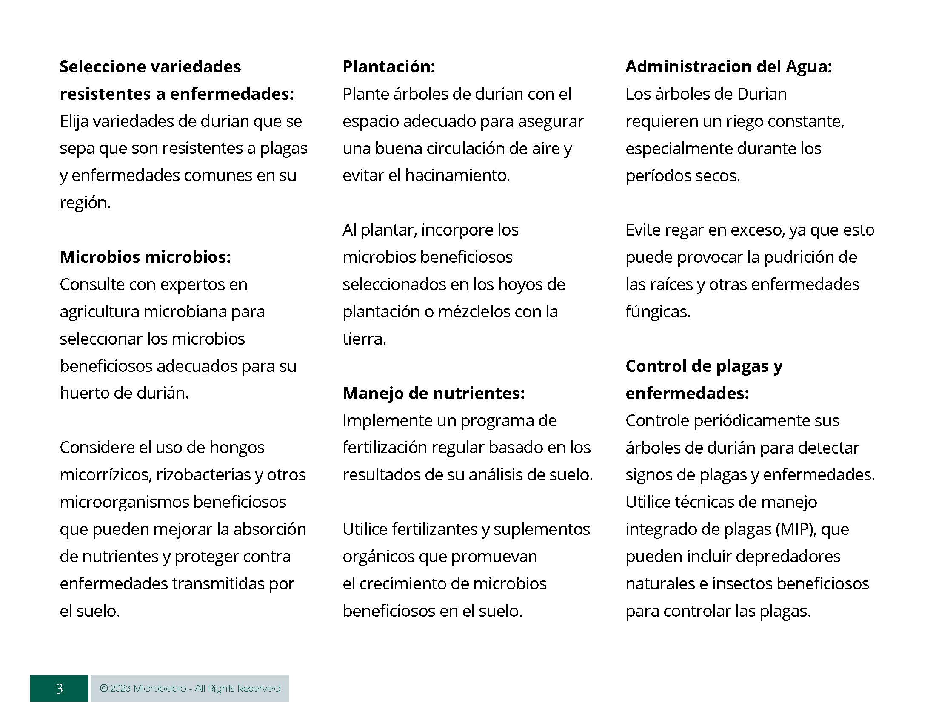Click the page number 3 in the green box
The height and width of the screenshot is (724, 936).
point(59,688)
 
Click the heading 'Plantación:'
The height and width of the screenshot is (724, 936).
point(389,66)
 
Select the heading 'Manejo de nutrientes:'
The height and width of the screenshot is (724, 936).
point(434,393)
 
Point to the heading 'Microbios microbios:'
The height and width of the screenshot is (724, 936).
point(145,257)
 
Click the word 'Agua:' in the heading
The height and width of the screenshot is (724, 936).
point(809,66)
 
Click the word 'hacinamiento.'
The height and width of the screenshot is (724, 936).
point(457,175)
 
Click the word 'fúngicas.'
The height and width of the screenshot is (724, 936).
point(658,312)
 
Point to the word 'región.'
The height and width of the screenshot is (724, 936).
point(85,203)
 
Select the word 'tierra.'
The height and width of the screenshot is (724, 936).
point(364,339)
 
